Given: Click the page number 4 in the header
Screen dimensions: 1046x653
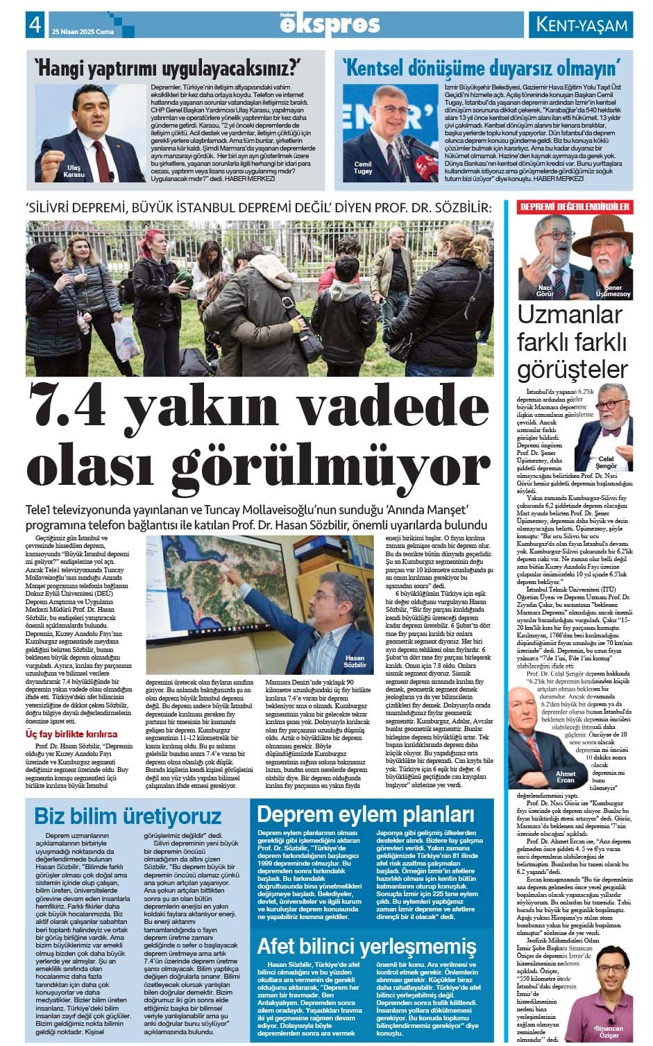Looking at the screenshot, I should pos(33,25).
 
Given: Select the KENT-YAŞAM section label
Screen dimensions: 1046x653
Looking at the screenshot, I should pos(583,26).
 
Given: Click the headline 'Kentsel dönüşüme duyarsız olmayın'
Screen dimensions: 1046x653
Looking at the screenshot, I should pos(481,68).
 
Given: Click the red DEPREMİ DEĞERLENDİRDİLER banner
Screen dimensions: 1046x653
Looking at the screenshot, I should pos(575,207).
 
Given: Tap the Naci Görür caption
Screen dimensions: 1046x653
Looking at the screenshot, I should pos(545,291).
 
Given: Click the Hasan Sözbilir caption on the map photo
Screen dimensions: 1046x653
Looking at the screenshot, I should pos(354,661).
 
